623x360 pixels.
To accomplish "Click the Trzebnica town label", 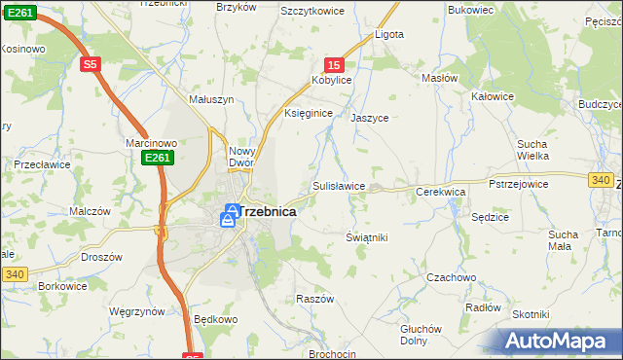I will pyautogui.click(x=266, y=210).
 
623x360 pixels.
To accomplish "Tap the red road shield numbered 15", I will pyautogui.click(x=334, y=64).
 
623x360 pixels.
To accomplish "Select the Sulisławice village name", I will pyautogui.click(x=339, y=185).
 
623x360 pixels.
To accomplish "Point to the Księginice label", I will pyautogui.click(x=309, y=114).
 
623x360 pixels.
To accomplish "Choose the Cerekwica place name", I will pyautogui.click(x=441, y=193).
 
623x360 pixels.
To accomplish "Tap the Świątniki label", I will pyautogui.click(x=367, y=237).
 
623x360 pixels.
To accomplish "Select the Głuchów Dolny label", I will pyautogui.click(x=421, y=335).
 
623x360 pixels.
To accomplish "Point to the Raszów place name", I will pyautogui.click(x=315, y=299).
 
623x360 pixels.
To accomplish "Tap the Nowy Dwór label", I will pyautogui.click(x=240, y=158).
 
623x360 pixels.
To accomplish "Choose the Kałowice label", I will pyautogui.click(x=492, y=96).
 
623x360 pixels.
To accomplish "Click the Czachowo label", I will pyautogui.click(x=452, y=277).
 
